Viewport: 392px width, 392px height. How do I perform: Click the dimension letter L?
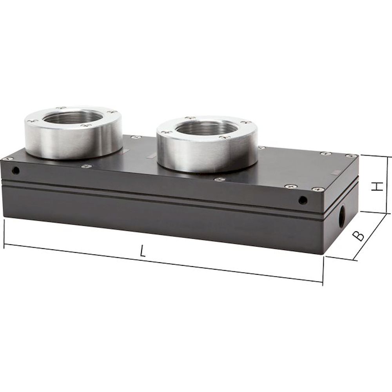point(143,251)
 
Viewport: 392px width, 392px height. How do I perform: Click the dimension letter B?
point(358,236)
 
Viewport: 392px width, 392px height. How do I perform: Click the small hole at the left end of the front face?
point(16,171)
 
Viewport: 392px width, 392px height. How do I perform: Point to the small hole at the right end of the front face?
point(302,200)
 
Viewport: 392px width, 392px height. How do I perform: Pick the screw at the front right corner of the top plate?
point(318,189)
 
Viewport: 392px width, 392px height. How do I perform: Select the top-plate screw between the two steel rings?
point(136,137)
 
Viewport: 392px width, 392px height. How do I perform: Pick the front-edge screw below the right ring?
point(219,180)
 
